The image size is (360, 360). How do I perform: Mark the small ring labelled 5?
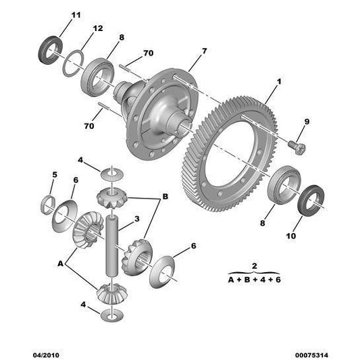(49, 203)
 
